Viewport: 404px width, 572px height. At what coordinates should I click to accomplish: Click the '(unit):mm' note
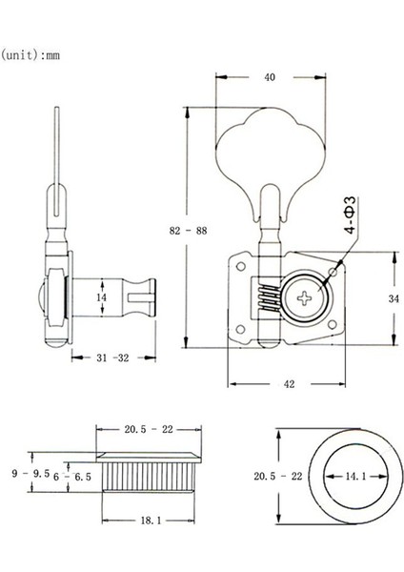click(x=32, y=54)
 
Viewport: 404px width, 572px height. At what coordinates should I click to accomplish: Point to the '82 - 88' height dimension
click(x=172, y=232)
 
